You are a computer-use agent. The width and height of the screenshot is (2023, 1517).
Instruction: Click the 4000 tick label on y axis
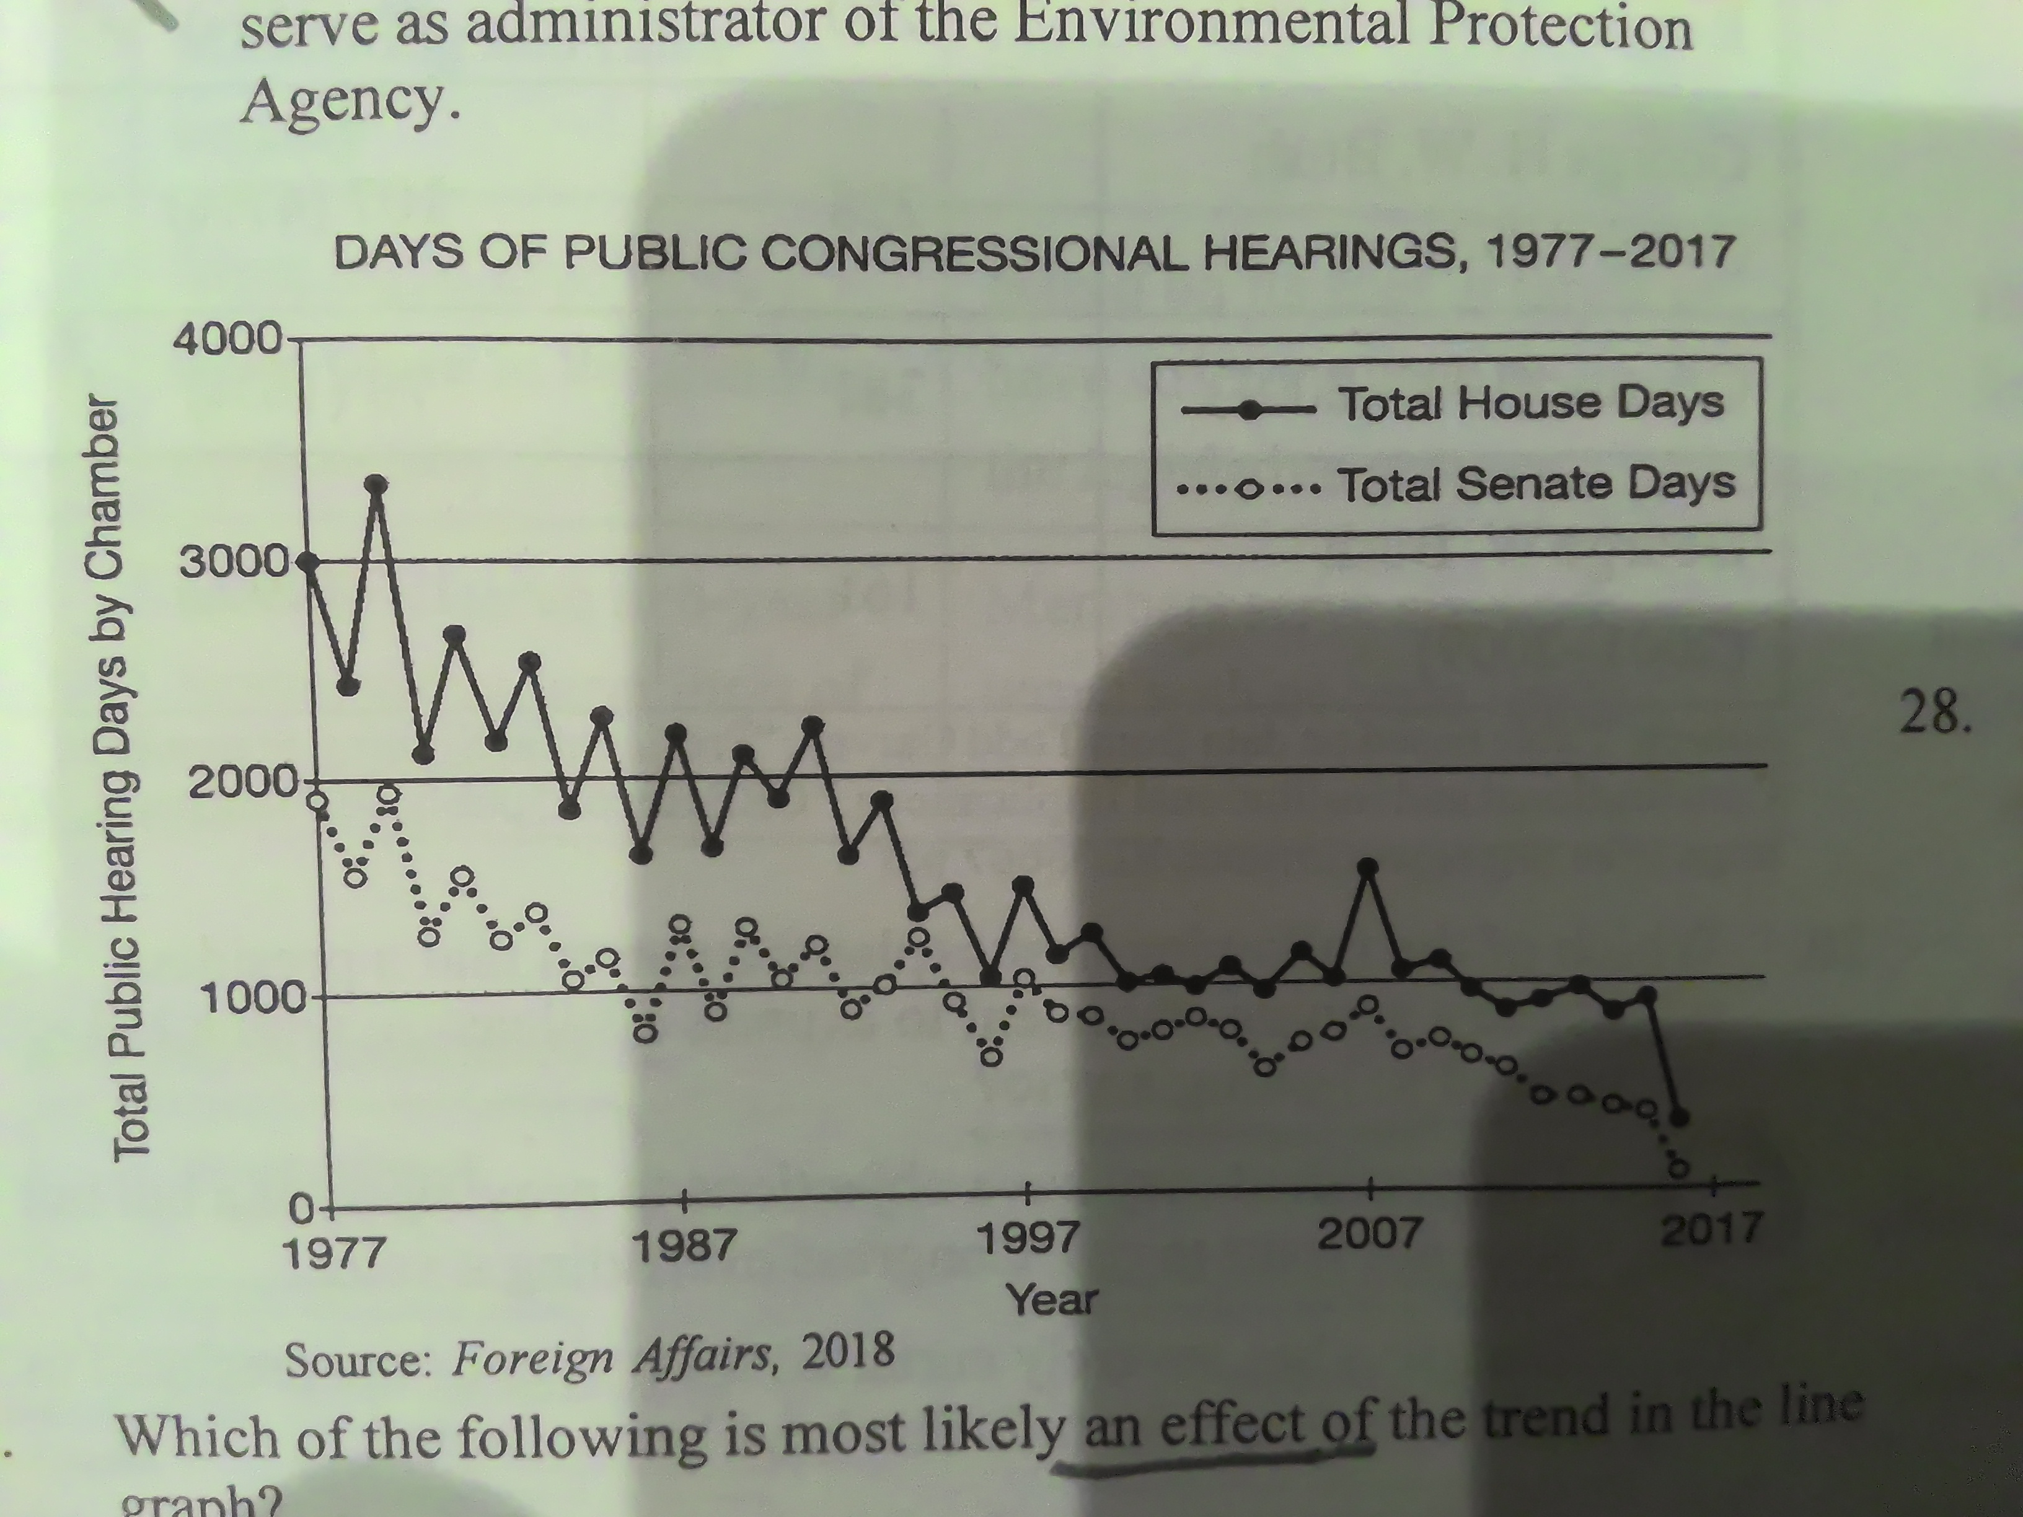click(x=227, y=341)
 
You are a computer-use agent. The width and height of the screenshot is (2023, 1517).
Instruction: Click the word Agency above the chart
click(x=348, y=100)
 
